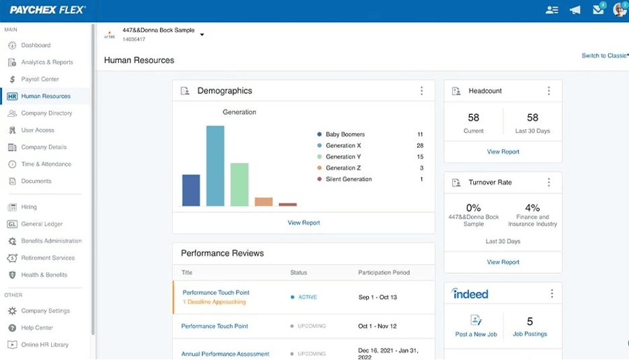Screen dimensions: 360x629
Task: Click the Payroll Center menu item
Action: (40, 79)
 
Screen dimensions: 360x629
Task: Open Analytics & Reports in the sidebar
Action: (46, 62)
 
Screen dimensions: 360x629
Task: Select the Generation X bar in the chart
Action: (215, 166)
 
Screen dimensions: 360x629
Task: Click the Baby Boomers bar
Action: (191, 190)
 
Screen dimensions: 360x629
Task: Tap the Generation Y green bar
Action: (239, 185)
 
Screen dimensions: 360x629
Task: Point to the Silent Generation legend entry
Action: (348, 179)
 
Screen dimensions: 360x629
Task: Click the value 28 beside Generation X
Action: (420, 146)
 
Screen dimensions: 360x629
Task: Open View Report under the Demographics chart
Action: (304, 223)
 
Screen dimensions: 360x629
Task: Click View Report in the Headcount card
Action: (503, 152)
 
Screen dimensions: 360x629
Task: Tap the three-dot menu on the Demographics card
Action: (421, 91)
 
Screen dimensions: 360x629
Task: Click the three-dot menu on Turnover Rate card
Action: (549, 183)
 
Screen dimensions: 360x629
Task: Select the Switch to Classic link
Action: (604, 56)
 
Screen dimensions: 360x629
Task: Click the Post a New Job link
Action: (476, 334)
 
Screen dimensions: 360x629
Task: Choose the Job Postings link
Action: (530, 334)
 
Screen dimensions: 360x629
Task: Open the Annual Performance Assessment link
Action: (225, 354)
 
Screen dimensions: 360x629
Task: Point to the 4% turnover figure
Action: (533, 208)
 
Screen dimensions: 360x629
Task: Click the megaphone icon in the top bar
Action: (575, 10)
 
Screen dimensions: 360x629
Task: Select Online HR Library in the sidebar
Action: (44, 345)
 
